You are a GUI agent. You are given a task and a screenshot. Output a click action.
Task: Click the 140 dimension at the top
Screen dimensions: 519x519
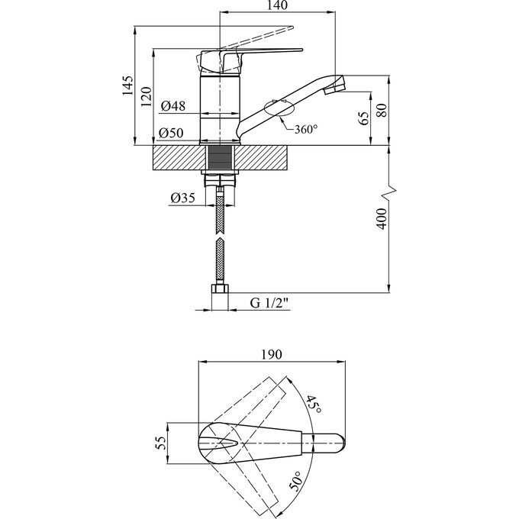pos(276,5)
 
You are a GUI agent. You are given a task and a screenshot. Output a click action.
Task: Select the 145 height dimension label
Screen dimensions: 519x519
pos(127,85)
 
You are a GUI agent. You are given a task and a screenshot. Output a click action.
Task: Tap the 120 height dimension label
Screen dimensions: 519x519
pos(146,96)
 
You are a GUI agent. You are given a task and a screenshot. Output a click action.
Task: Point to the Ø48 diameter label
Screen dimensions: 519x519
pos(173,106)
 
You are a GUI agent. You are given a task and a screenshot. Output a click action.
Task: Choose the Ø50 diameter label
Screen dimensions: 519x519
pos(171,133)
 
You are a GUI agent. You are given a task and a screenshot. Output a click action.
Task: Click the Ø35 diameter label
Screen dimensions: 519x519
pos(183,198)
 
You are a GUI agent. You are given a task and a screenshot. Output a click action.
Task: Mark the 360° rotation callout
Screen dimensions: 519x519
pos(306,129)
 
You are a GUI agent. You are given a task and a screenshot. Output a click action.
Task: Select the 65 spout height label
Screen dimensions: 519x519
pos(363,118)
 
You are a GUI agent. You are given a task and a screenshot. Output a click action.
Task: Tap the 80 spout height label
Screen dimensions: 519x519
pos(382,110)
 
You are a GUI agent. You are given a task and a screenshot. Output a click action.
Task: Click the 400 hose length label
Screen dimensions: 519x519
pos(382,219)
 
